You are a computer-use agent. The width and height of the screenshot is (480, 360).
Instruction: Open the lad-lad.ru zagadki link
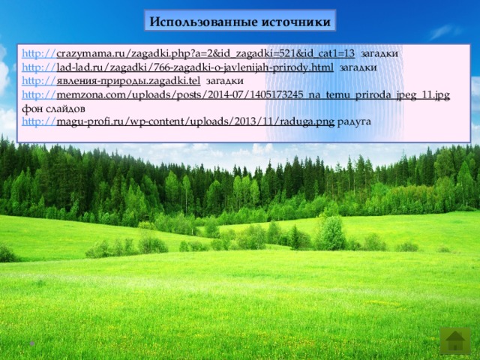tap(195, 67)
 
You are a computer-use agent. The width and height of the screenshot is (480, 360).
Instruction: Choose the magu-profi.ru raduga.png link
tap(195, 121)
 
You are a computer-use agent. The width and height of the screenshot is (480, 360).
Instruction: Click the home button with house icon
tap(454, 340)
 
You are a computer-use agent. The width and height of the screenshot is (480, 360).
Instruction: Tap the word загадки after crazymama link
tap(379, 54)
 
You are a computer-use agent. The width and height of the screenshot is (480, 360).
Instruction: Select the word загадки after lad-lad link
tap(358, 67)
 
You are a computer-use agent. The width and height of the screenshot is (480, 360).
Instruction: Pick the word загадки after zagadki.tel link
tap(225, 80)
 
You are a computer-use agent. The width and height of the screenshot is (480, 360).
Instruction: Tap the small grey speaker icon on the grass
tap(32, 342)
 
